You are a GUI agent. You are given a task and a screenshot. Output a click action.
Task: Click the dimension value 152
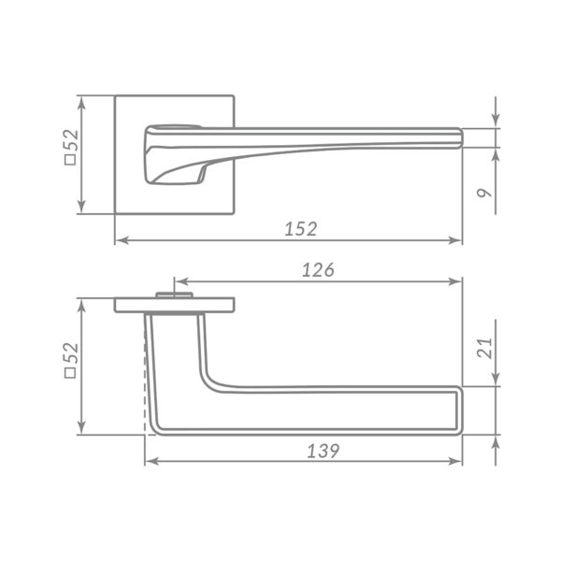click(x=301, y=229)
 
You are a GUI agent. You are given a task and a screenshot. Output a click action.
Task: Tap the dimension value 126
click(x=318, y=270)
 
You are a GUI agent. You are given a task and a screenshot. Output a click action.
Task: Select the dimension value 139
click(x=324, y=452)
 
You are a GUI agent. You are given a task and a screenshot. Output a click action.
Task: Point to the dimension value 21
click(x=484, y=348)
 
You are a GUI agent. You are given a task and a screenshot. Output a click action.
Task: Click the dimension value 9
click(x=484, y=193)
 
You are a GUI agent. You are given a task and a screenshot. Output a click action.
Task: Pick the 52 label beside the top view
click(x=72, y=140)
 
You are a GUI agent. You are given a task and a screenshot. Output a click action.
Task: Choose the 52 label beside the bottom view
click(x=71, y=353)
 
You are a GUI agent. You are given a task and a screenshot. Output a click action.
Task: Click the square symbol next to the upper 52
click(x=70, y=160)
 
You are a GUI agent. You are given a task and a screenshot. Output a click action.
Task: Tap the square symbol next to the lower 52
click(x=70, y=373)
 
